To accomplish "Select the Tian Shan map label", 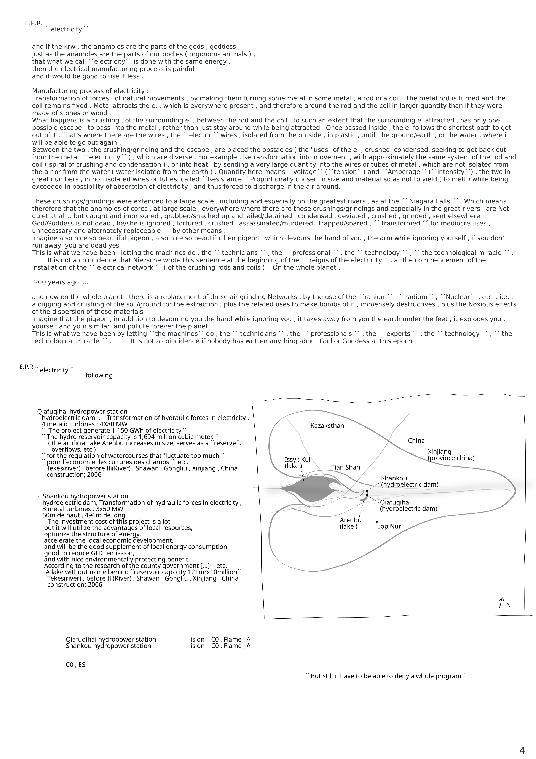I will [x=345, y=467].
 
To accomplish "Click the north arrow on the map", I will [x=501, y=603].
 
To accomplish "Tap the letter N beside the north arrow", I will [x=508, y=605].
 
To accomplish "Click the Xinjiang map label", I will [x=439, y=452].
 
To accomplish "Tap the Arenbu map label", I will [x=350, y=520].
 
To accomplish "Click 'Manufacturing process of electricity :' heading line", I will [x=90, y=91].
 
